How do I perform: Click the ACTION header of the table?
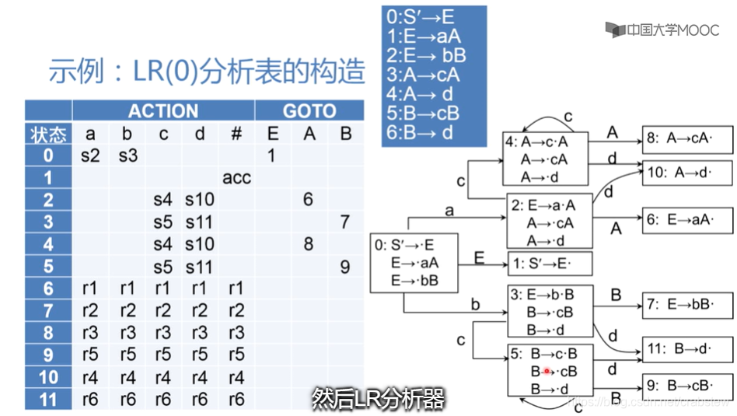coord(163,110)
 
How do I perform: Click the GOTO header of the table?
coord(309,110)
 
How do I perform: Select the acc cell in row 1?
coord(236,178)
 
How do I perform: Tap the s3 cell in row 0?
coord(129,156)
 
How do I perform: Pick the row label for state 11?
coord(48,400)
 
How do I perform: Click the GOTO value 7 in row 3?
coord(345,222)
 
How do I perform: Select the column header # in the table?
coord(236,134)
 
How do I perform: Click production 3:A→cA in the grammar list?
coord(422,75)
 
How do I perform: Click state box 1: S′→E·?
coord(550,263)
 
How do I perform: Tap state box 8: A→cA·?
coord(686,141)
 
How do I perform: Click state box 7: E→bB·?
coord(686,304)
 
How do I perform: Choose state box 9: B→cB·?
coord(686,384)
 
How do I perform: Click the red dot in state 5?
coord(547,372)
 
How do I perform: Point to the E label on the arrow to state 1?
coord(479,257)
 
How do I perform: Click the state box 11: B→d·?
coord(686,350)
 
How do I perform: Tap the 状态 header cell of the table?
coord(48,134)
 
